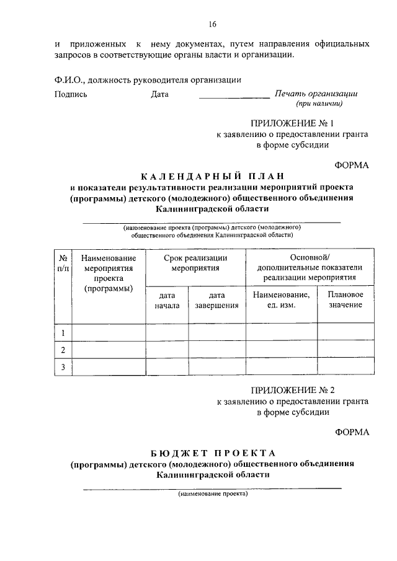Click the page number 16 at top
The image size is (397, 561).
(213, 25)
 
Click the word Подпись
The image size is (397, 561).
(71, 95)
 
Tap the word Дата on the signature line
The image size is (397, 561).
(159, 95)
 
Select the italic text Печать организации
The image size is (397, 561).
(316, 94)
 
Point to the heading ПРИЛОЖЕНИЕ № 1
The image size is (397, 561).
(292, 123)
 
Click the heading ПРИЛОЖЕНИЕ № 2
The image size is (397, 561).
(292, 391)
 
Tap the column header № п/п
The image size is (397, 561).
(63, 263)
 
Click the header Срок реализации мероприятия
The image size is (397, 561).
(195, 263)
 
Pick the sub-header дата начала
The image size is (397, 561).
(167, 300)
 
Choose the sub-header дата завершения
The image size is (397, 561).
(217, 300)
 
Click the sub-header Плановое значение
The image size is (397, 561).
(345, 300)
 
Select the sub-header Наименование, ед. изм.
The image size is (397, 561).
(282, 300)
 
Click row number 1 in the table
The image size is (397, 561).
(63, 334)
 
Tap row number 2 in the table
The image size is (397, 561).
(63, 350)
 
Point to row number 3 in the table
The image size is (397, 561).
(63, 367)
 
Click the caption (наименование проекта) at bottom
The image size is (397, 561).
(212, 494)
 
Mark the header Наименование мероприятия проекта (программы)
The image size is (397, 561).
(109, 273)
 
